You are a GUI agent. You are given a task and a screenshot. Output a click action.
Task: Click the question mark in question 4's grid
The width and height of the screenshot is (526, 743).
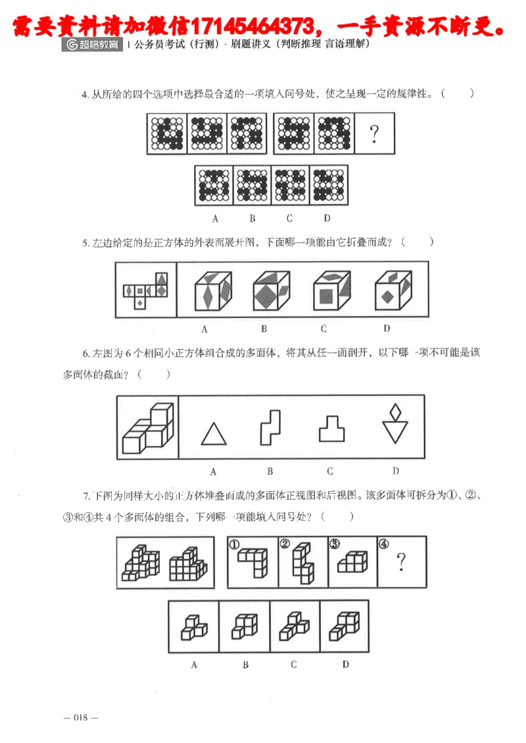click(x=374, y=134)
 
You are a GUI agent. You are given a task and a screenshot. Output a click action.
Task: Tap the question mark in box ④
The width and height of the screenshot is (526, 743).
click(x=401, y=562)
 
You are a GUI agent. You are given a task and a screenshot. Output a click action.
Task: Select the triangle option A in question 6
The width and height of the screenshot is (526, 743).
click(x=212, y=435)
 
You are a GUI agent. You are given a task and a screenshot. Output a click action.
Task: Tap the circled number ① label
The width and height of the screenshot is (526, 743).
click(x=233, y=544)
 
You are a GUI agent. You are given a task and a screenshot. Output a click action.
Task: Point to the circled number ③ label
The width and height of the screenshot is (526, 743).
click(x=334, y=544)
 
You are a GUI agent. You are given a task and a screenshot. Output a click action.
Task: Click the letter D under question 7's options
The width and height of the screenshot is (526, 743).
click(x=345, y=665)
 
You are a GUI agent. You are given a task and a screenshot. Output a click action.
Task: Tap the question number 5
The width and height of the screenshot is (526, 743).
click(x=85, y=243)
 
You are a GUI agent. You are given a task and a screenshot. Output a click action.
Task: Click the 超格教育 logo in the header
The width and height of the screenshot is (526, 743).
click(x=92, y=45)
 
